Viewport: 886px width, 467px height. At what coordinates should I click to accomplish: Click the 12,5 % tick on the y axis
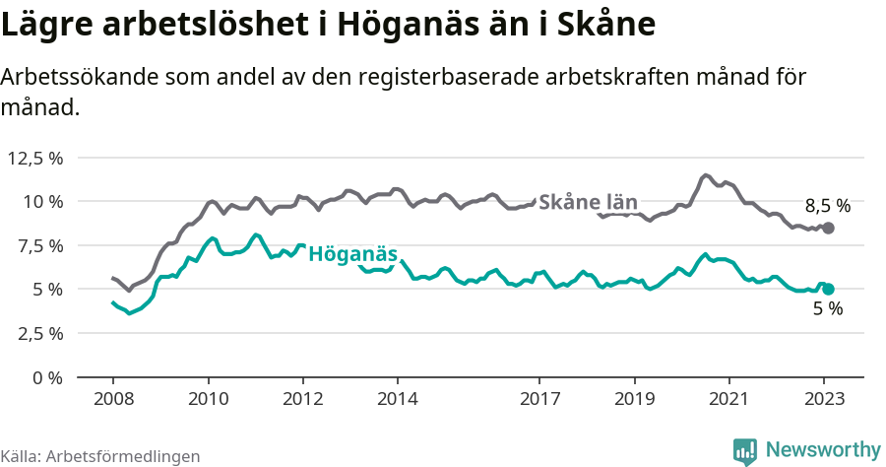pos(35,158)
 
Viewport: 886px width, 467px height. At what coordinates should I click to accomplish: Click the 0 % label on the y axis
pos(47,377)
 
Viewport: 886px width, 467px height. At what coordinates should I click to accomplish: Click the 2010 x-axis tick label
pos(208,399)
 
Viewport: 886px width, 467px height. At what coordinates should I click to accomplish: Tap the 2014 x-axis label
pos(397,399)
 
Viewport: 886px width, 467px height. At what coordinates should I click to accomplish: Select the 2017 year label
pos(539,399)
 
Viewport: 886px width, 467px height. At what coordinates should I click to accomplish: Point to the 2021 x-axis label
pos(728,399)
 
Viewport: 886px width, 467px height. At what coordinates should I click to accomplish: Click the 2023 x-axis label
pos(824,399)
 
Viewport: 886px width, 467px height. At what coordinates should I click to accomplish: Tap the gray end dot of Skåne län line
pos(828,228)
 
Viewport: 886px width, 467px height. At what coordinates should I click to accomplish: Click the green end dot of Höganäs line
pos(828,289)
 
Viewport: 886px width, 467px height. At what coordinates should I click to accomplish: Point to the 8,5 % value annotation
pos(827,206)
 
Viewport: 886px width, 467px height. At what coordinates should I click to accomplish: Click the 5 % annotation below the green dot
pos(827,309)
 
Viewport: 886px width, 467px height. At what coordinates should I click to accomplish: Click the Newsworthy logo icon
pos(745,450)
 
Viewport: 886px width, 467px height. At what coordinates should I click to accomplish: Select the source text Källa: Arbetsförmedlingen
pos(100,456)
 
